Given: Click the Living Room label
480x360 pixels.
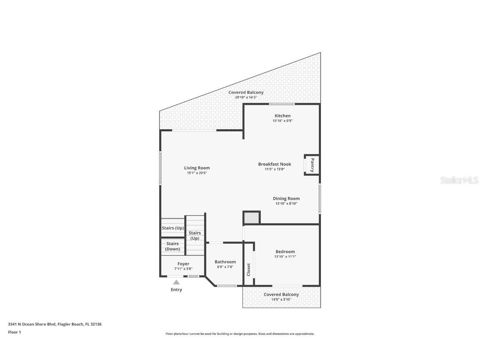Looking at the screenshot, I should [x=197, y=168].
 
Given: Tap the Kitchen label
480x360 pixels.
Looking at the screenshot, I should [x=282, y=116].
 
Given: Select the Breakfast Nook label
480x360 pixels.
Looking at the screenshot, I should [x=275, y=164].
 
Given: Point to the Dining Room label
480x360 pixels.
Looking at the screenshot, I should [x=286, y=199].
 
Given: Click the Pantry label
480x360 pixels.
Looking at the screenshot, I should [x=312, y=165].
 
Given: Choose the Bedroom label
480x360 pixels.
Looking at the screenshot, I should [x=285, y=252].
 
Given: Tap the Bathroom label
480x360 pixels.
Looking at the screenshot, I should [x=225, y=262].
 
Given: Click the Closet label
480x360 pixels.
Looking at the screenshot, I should [x=249, y=270].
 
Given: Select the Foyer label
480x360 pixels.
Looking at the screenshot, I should [x=183, y=264].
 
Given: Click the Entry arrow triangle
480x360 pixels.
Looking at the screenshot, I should [x=176, y=282].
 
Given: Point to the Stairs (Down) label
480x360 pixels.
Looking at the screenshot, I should [x=172, y=246].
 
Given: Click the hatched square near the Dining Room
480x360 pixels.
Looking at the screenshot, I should [x=251, y=218].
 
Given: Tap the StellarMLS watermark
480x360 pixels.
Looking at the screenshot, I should [x=459, y=180].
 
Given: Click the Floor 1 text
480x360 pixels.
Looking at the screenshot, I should [x=14, y=332].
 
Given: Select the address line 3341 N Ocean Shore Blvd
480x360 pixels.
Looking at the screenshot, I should [x=55, y=324].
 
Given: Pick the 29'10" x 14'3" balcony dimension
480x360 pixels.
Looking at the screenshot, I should [x=246, y=97].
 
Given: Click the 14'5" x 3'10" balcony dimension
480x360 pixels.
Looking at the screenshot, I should [x=281, y=300].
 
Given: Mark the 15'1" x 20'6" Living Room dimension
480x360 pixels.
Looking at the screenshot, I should [x=197, y=173].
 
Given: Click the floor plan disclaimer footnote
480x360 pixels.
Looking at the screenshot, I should [x=240, y=334].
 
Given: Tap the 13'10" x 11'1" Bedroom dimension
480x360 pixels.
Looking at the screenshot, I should [x=285, y=257].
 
